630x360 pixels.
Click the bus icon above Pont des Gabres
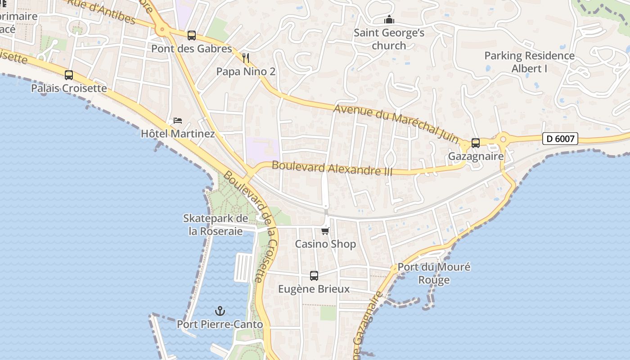(192, 35)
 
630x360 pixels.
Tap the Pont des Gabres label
(192, 49)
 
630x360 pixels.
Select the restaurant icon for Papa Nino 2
(246, 58)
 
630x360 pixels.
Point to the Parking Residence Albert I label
(529, 62)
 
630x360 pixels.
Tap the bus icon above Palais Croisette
(69, 75)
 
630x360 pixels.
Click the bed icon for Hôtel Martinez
(178, 121)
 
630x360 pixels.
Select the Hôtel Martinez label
(178, 134)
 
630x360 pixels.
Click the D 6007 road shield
(560, 139)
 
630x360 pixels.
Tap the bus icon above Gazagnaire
(476, 143)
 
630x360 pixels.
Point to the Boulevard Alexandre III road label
(332, 168)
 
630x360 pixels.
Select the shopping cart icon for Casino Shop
(325, 231)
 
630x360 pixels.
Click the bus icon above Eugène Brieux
(314, 275)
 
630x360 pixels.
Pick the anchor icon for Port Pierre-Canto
(220, 310)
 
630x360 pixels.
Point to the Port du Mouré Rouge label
(434, 273)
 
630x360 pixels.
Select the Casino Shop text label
(325, 244)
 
